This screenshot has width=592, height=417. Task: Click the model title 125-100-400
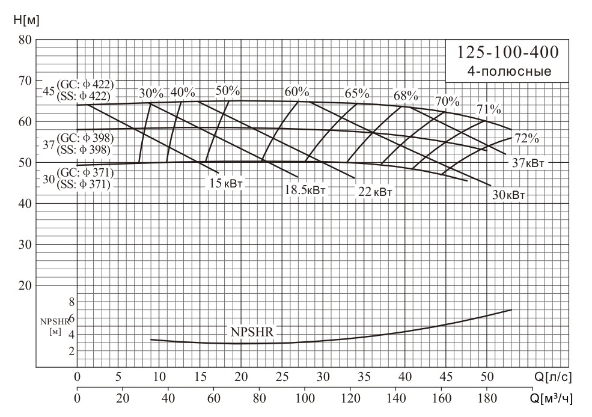point(508,53)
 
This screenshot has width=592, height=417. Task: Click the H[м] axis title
point(26,20)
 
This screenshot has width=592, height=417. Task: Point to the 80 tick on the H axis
point(24,40)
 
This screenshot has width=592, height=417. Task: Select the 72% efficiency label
point(526,138)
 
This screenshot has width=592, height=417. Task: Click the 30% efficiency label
point(151,93)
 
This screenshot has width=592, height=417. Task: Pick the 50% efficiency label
point(228,91)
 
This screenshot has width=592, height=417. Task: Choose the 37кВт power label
point(529,163)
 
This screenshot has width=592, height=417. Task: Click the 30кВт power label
point(508,195)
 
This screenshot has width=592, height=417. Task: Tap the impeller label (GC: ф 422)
point(85,84)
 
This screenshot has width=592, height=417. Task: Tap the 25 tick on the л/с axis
point(282,377)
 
